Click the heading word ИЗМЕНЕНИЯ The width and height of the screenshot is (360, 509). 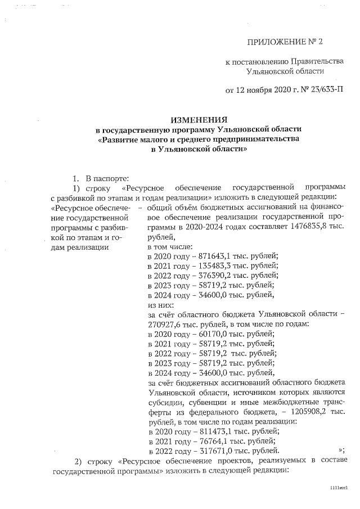tap(199, 120)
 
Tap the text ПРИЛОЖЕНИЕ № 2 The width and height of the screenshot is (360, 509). tap(285, 42)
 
